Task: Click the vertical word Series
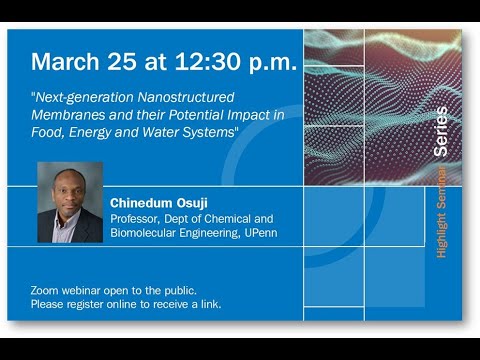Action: (x=441, y=131)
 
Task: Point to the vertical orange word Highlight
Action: (x=441, y=234)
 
